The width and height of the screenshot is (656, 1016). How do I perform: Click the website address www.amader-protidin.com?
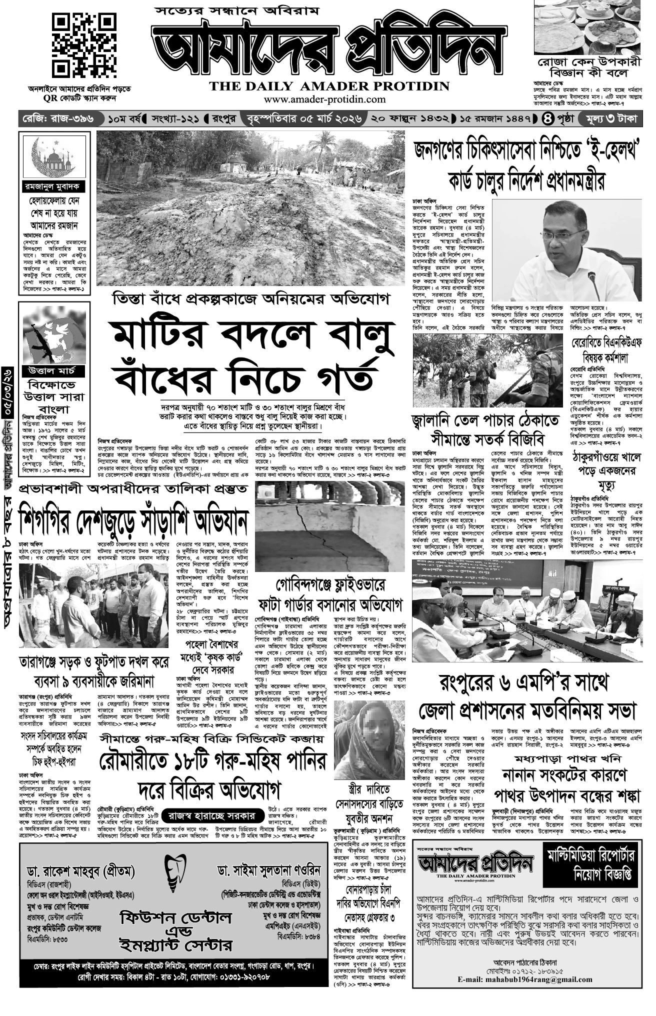pos(324,99)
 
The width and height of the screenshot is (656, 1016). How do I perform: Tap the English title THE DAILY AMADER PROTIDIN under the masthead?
pos(329,86)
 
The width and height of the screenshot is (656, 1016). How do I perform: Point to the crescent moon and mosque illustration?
pos(54,155)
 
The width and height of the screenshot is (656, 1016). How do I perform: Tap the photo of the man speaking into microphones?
pos(567,250)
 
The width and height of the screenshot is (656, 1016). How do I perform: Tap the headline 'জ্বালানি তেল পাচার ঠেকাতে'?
pos(484,420)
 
